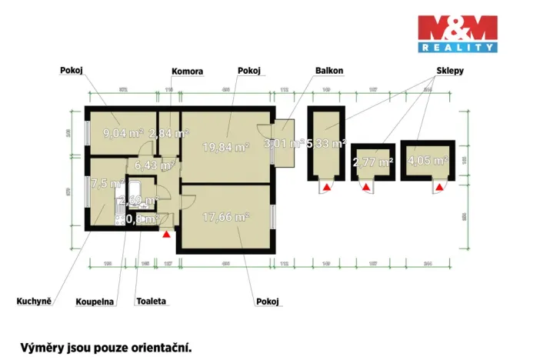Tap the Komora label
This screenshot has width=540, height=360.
point(187,72)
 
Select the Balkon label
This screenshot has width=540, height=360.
point(328,71)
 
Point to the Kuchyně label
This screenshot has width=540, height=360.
point(34,300)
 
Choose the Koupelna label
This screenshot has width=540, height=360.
point(95,302)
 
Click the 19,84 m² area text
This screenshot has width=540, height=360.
point(225,147)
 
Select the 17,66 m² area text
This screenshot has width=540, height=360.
point(225,217)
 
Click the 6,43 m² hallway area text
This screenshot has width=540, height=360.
point(154,165)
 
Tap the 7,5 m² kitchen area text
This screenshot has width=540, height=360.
point(107,184)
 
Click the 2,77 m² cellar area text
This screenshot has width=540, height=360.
point(373,162)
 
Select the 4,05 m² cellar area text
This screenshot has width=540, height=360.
point(428,161)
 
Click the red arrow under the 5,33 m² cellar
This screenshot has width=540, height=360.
point(327,187)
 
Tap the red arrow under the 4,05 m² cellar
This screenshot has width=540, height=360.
point(439,186)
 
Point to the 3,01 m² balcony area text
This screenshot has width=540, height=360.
point(283,143)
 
